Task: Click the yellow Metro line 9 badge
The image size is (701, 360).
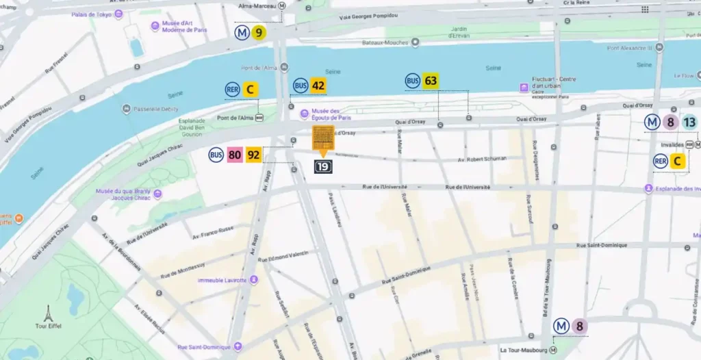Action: [258, 32]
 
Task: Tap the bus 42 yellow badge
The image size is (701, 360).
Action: [318, 86]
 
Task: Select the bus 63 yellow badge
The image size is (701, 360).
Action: [430, 81]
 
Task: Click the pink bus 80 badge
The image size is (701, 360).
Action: [235, 155]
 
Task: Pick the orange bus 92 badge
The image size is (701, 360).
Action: [253, 155]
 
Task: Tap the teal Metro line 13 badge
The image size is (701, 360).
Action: [689, 123]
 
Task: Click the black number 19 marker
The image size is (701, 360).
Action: [323, 166]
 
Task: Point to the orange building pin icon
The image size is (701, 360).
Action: [323, 139]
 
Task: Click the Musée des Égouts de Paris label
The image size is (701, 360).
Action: [326, 114]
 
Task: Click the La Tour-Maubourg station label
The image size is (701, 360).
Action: [522, 350]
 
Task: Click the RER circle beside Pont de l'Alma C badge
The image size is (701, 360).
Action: [233, 89]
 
